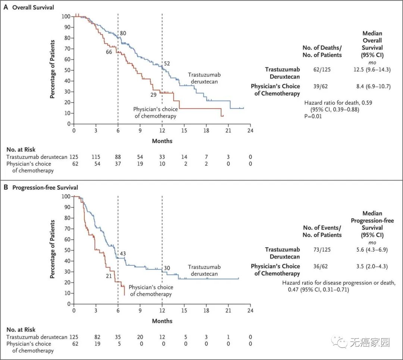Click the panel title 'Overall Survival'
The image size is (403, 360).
click(x=34, y=7)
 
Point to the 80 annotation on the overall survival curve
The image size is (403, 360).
click(x=123, y=34)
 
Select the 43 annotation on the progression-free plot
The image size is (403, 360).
click(x=122, y=254)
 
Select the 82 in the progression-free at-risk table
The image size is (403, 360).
click(x=96, y=336)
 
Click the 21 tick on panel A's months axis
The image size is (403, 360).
click(x=228, y=130)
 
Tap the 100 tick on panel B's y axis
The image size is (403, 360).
click(x=66, y=196)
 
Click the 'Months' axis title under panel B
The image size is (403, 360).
click(x=162, y=321)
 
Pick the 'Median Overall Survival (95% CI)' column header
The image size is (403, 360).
click(x=372, y=44)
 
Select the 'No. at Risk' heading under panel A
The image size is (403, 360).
click(x=21, y=150)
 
